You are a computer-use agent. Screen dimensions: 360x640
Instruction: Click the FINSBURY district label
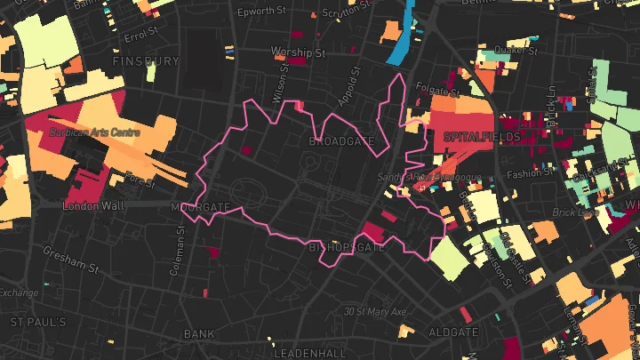click(x=147, y=61)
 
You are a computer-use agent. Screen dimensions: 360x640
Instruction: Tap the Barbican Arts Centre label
click(x=89, y=133)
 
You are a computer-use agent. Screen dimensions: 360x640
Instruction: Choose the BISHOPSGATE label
click(x=346, y=247)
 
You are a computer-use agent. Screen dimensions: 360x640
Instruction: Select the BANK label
click(x=199, y=334)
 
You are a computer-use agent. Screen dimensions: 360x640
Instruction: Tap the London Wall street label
click(x=92, y=205)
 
